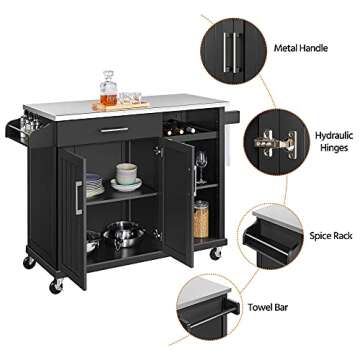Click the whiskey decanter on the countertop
pyautogui.click(x=108, y=89)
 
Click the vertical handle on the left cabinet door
pyautogui.click(x=77, y=200)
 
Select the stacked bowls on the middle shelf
pyautogui.click(x=125, y=176)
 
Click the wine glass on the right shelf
pyautogui.click(x=201, y=163)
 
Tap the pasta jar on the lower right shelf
pyautogui.click(x=201, y=219)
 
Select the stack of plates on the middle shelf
pyautogui.click(x=93, y=185)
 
